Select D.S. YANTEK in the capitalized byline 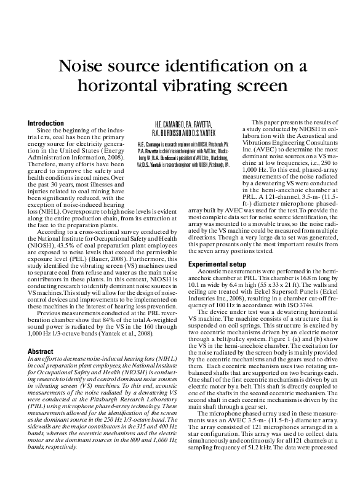point(201,133)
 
